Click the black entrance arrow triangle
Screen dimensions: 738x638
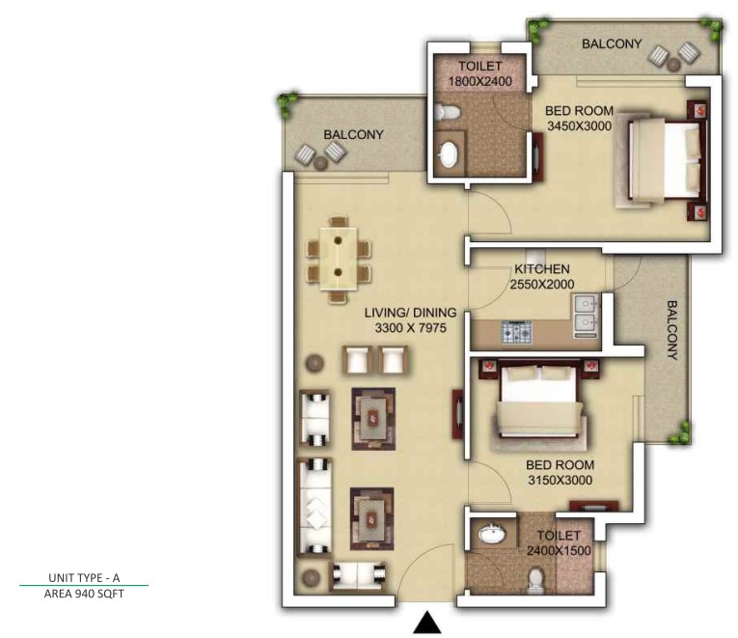[x=427, y=622]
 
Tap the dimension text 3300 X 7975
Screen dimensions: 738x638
[x=410, y=328]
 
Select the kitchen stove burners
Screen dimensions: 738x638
[x=517, y=331]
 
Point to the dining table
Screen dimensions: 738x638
[x=338, y=258]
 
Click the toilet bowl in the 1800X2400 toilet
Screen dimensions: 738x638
[x=446, y=112]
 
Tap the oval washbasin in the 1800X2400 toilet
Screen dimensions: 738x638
[x=448, y=154]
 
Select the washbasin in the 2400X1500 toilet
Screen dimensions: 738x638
[x=492, y=534]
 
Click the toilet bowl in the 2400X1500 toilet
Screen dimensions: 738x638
[x=534, y=581]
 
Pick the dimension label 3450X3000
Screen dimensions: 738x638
[x=580, y=126]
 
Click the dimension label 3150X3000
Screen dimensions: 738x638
[x=560, y=481]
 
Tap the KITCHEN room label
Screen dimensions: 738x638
[x=542, y=269]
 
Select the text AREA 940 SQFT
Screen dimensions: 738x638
[x=84, y=594]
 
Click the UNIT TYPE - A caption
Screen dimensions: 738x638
[x=84, y=578]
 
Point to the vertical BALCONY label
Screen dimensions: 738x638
[x=672, y=330]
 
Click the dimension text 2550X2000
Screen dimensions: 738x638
[x=542, y=285]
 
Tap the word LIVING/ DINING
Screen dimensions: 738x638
[x=410, y=313]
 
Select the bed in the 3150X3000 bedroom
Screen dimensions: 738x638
[x=539, y=402]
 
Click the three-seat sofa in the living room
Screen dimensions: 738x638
[x=314, y=507]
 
